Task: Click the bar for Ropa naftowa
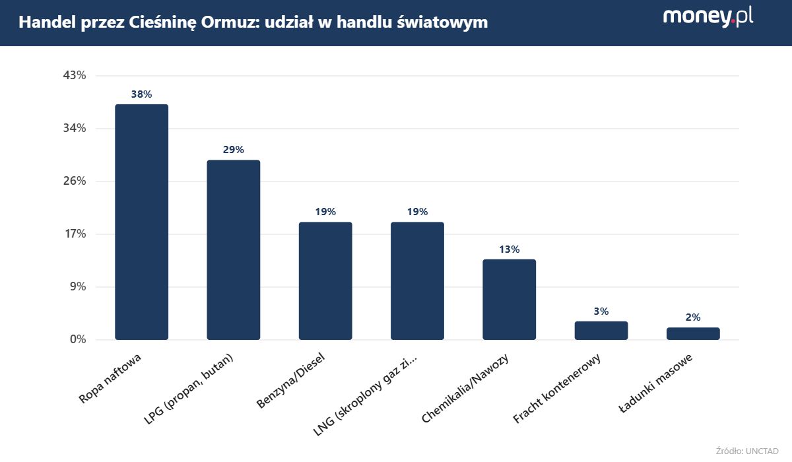tap(141, 222)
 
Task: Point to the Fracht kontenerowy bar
tap(601, 330)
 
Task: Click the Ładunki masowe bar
tap(693, 333)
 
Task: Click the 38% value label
tap(141, 94)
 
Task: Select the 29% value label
tap(234, 150)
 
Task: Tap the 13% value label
tap(509, 249)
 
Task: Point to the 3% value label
tap(601, 312)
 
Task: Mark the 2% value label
tap(693, 317)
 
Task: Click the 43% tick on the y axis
tap(75, 76)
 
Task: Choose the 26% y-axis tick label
tap(75, 181)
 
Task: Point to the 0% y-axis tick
tap(77, 340)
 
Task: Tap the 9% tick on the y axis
tap(77, 287)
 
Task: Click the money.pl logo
tap(708, 17)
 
